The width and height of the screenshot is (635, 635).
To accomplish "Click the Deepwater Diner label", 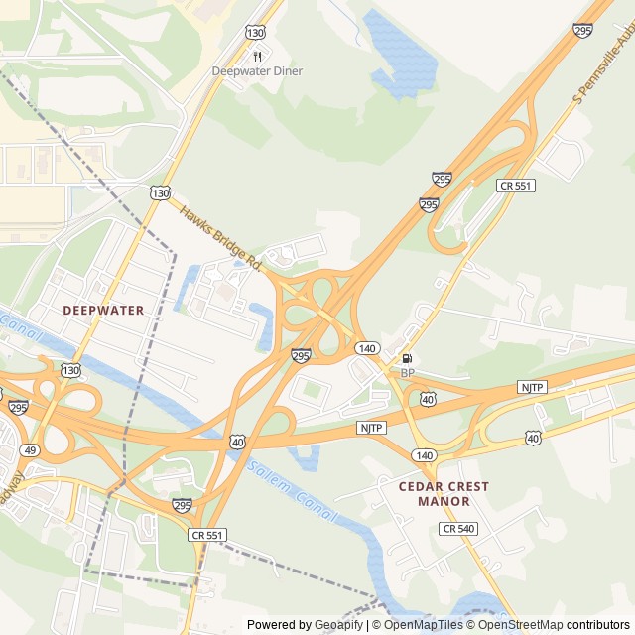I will [257, 71].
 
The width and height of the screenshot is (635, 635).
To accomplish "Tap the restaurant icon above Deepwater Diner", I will [257, 57].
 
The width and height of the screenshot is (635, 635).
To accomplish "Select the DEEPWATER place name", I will [103, 310].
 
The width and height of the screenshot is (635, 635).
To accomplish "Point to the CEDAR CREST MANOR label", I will [444, 493].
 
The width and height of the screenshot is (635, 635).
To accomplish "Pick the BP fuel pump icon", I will [407, 358].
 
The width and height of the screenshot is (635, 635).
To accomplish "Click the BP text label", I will [407, 372].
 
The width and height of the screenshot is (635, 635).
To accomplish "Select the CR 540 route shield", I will [459, 529].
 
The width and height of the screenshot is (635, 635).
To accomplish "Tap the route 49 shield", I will [30, 450].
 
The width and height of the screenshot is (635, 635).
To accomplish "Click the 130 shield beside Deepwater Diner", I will [256, 33].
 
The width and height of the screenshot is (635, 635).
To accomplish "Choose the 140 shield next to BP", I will [367, 348].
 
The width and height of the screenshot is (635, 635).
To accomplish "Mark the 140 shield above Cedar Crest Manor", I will [425, 454].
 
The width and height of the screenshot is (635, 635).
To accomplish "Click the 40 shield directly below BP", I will [428, 398].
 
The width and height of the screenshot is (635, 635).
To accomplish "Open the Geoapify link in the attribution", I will [340, 625].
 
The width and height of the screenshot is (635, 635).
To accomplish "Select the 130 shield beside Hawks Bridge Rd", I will [160, 192].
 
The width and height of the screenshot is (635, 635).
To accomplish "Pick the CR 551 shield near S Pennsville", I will [515, 186].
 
